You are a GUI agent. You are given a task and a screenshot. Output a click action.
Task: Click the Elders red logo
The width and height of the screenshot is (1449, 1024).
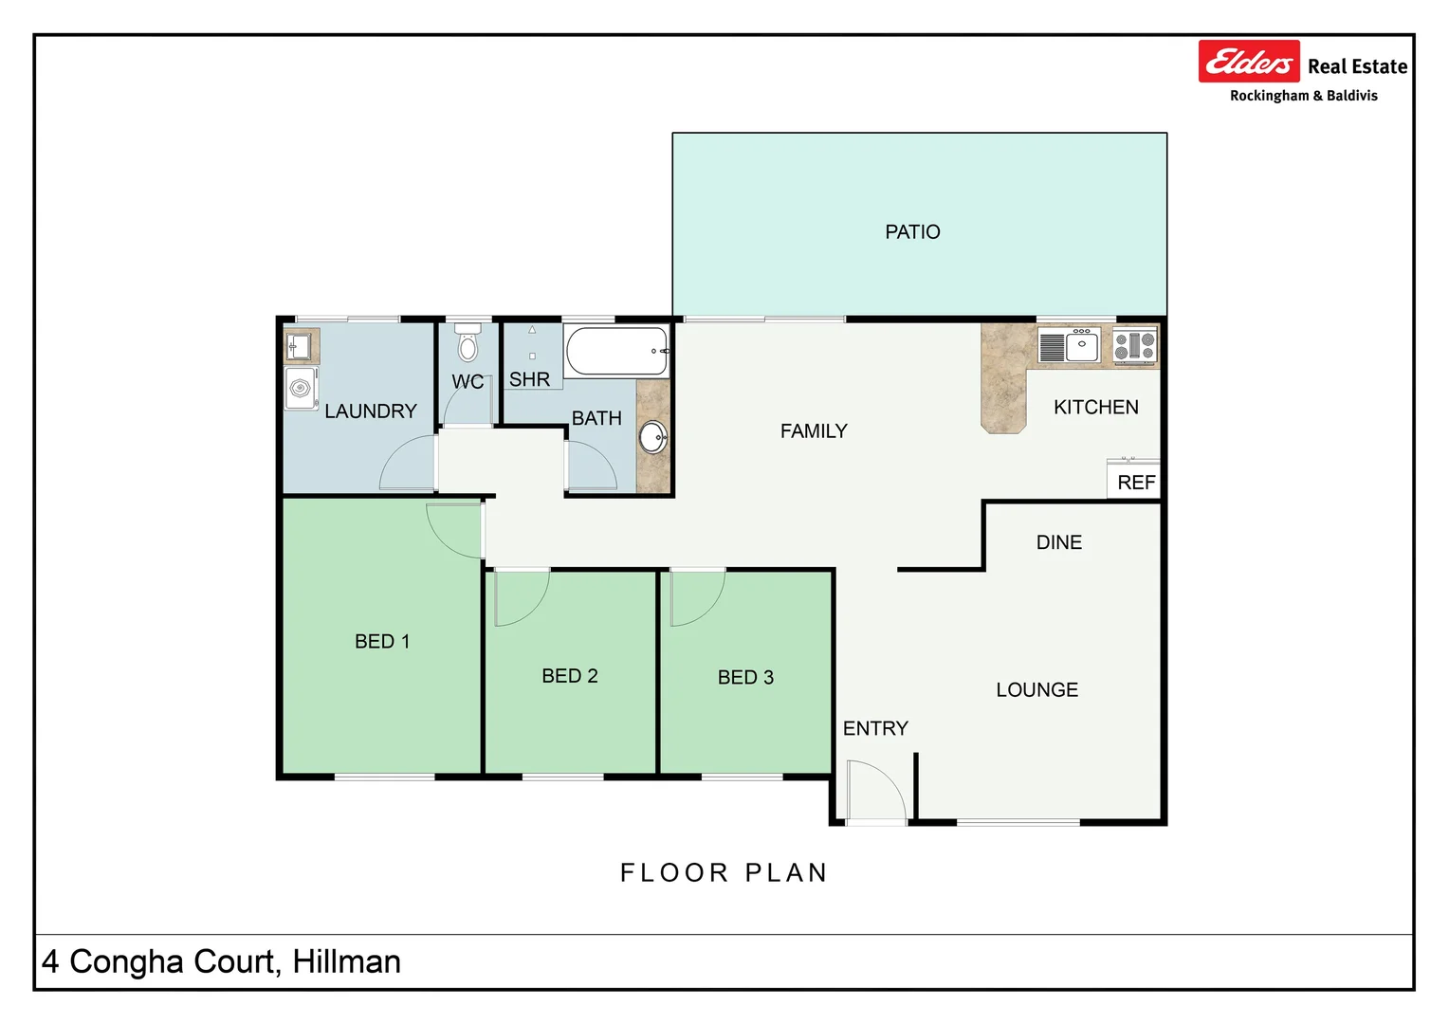coord(1248,62)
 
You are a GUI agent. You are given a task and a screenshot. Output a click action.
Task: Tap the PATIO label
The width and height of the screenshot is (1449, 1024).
coord(912,232)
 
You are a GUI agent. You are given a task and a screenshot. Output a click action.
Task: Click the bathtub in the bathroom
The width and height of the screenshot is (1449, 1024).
coord(617,352)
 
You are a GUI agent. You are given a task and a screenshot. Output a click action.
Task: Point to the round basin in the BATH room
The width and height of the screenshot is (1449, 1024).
coord(652,438)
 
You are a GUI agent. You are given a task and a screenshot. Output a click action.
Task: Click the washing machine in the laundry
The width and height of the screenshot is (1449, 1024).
coord(301,389)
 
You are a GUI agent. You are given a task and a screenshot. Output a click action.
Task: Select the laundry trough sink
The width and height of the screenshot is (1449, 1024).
coord(300,346)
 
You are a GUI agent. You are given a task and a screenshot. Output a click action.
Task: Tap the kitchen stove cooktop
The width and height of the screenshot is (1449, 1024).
coord(1134,346)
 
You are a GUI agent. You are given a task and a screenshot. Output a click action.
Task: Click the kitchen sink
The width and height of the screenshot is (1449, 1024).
coord(1081,346)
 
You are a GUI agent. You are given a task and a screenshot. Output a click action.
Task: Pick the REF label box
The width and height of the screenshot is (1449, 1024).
coord(1135,482)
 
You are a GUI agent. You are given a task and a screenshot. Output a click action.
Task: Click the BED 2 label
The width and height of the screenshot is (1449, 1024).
coord(569,676)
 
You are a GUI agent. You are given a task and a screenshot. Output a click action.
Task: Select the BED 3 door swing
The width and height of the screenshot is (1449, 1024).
coord(696,597)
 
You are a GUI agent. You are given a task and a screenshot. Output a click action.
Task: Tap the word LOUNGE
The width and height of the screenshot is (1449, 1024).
coord(1036,690)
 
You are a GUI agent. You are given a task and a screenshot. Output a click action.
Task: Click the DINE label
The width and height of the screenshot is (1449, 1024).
coord(1058,542)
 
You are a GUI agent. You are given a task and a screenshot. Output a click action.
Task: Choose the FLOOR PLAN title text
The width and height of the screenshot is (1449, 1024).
coord(724,872)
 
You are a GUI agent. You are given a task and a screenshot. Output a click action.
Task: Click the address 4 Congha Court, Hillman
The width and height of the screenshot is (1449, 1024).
coord(221,961)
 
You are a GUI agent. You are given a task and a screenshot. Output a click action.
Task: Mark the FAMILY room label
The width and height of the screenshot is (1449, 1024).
coord(814,431)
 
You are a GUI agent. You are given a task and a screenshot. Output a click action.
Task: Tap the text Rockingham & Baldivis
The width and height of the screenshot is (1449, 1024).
coord(1303,96)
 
